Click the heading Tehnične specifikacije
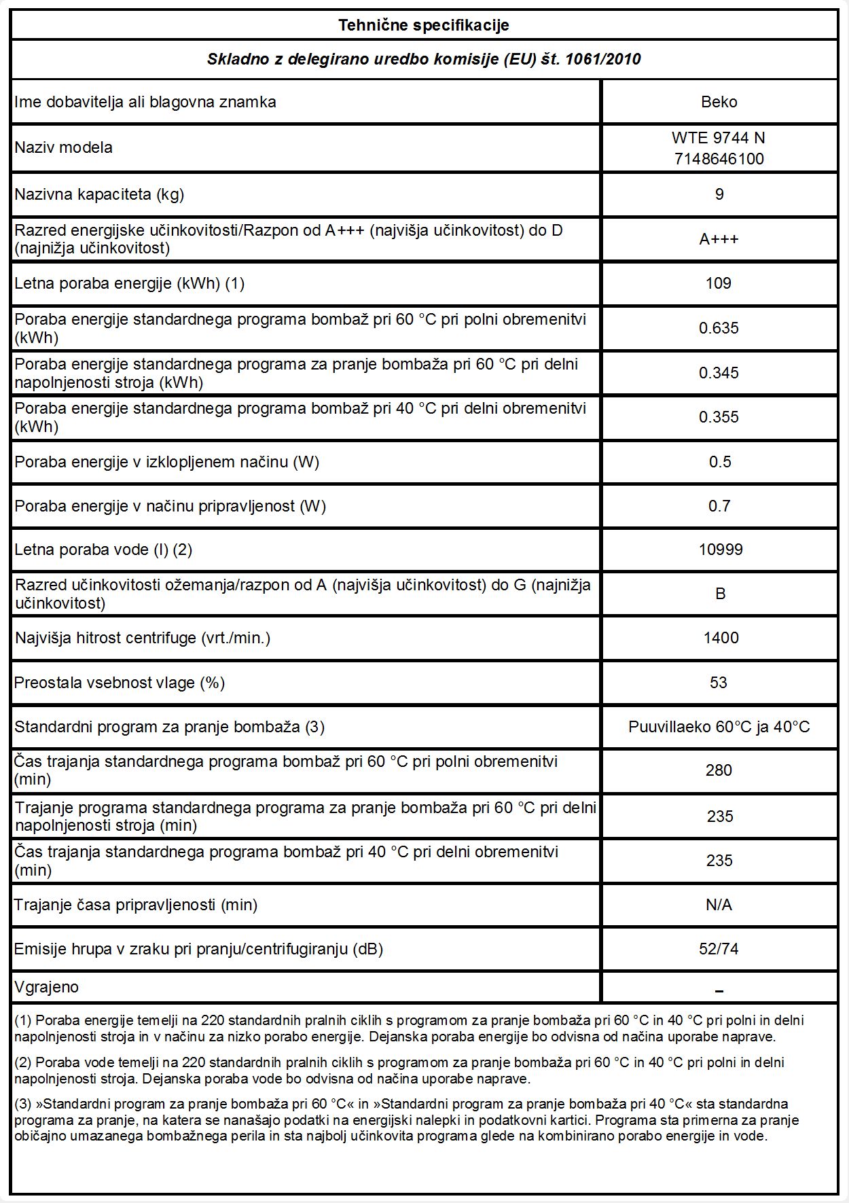pyautogui.click(x=424, y=26)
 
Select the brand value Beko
pyautogui.click(x=719, y=102)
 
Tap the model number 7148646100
pyautogui.click(x=719, y=159)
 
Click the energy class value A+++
pyautogui.click(x=719, y=239)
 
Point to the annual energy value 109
pyautogui.click(x=719, y=283)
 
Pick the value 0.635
pyautogui.click(x=719, y=328)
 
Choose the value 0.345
pyautogui.click(x=719, y=373)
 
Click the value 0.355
pyautogui.click(x=719, y=417)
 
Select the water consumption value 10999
pyautogui.click(x=720, y=550)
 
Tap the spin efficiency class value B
pyautogui.click(x=720, y=594)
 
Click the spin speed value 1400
pyautogui.click(x=721, y=638)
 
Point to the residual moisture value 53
pyautogui.click(x=719, y=683)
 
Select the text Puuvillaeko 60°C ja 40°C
pyautogui.click(x=719, y=727)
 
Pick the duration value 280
pyautogui.click(x=719, y=770)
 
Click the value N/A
pyautogui.click(x=719, y=905)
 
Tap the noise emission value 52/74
pyautogui.click(x=719, y=949)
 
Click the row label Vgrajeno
pyautogui.click(x=46, y=987)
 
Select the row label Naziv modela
pyautogui.click(x=63, y=147)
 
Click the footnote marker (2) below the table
pyautogui.click(x=23, y=1062)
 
